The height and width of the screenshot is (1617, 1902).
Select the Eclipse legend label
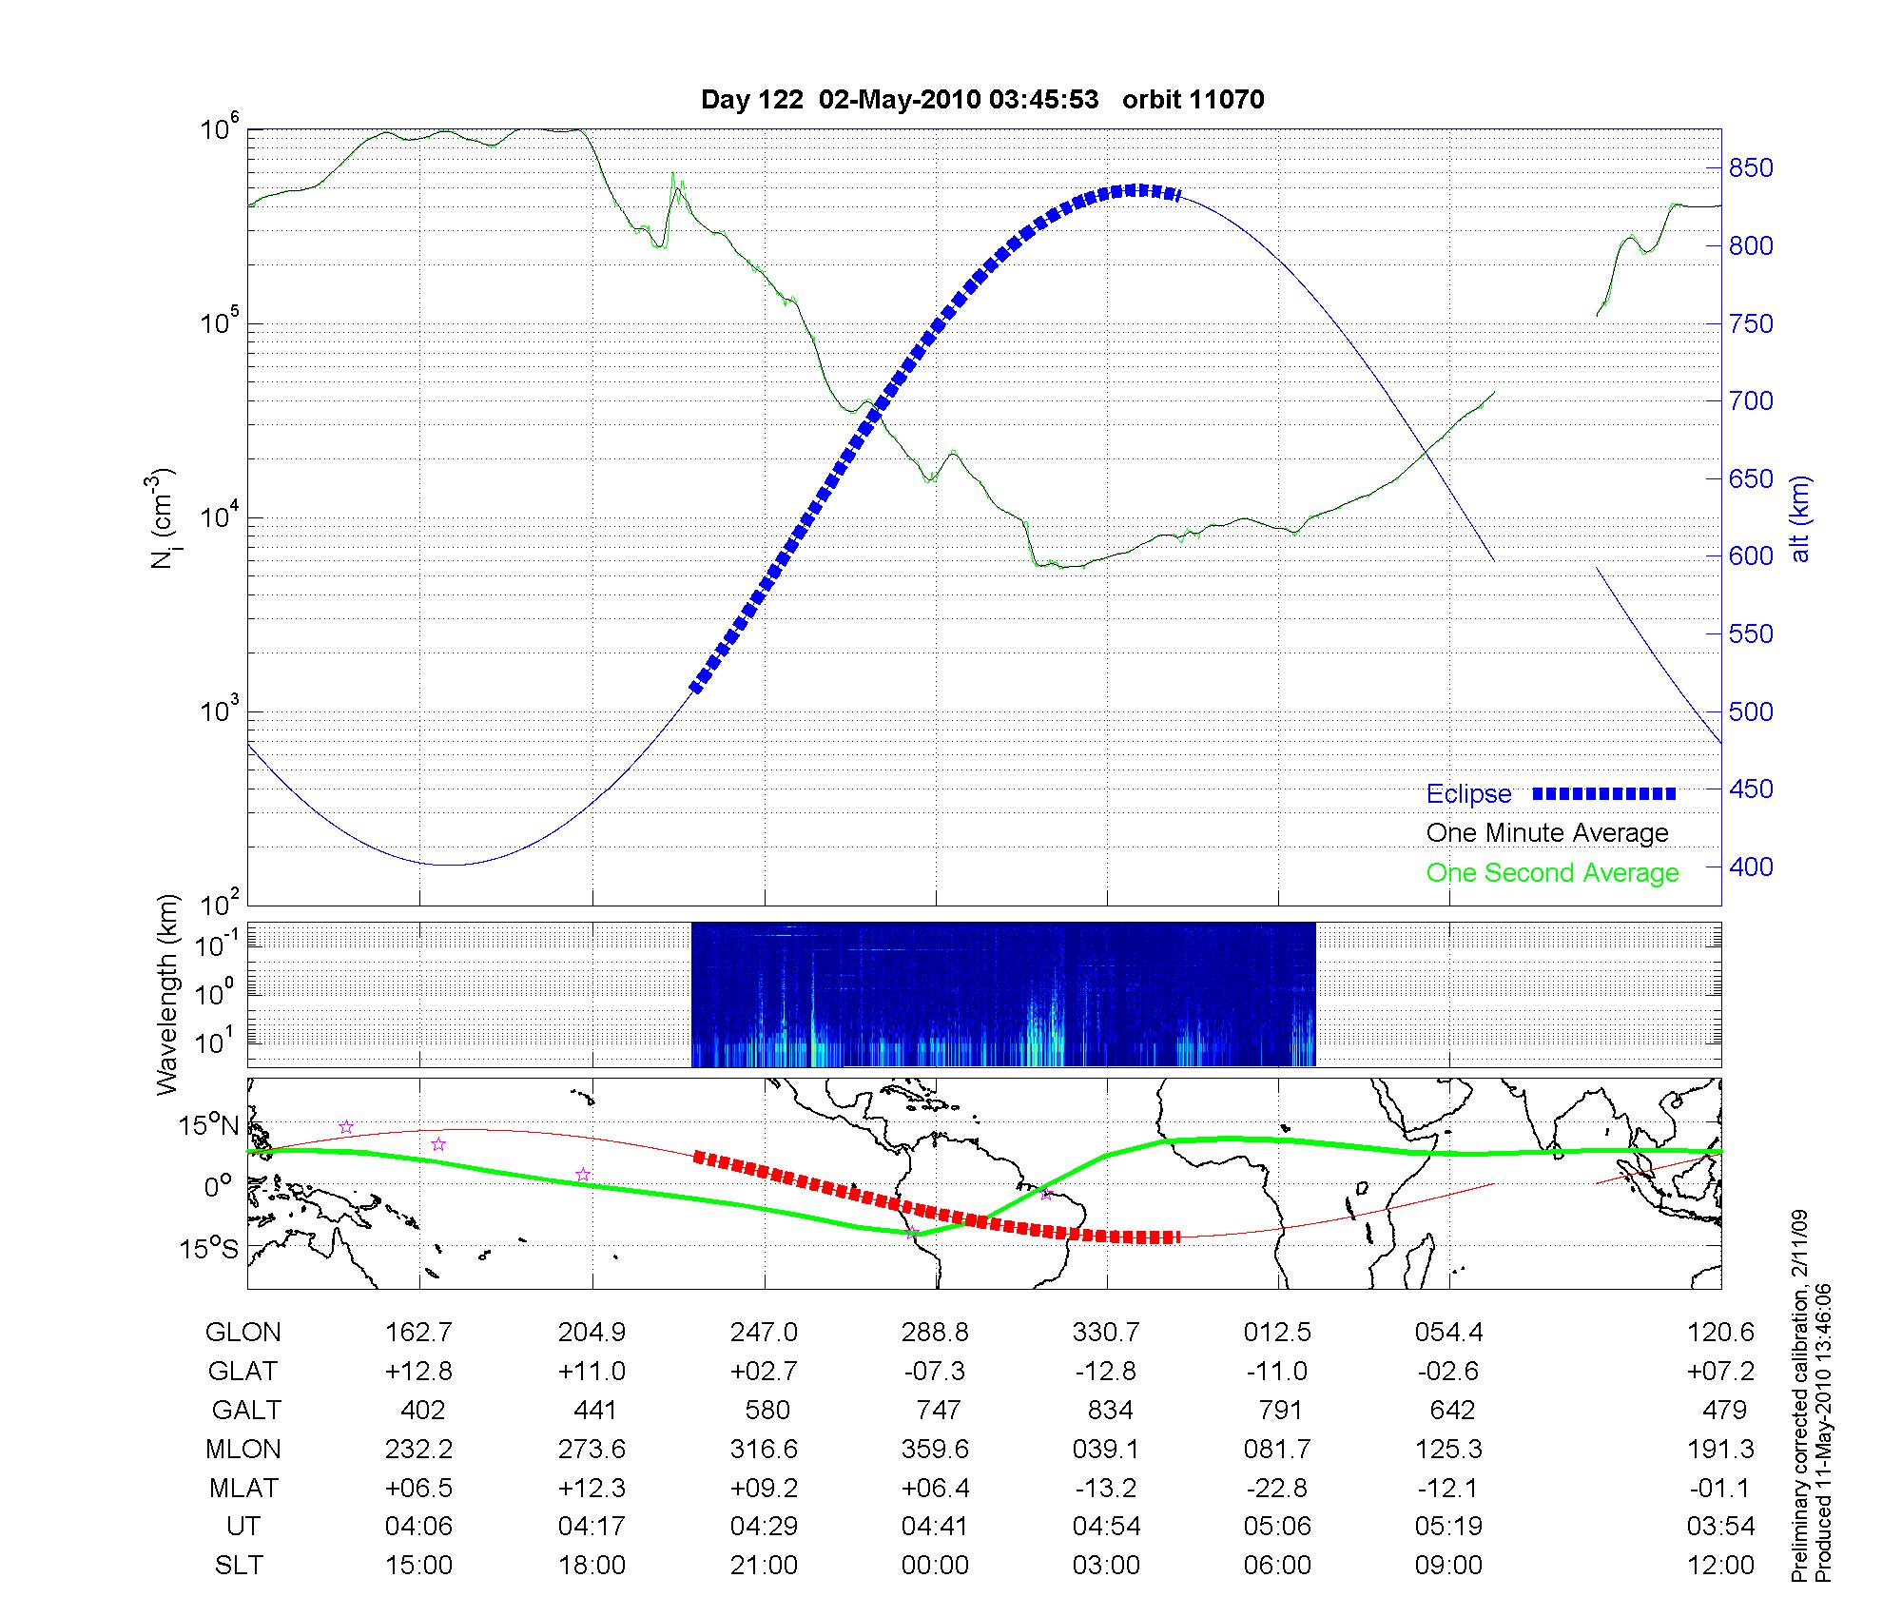click(x=1468, y=794)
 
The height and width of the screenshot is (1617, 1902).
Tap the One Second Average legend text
click(x=1552, y=873)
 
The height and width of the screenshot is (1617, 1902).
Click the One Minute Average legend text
click(x=1547, y=833)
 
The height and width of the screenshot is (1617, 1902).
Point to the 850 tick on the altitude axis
click(x=1751, y=168)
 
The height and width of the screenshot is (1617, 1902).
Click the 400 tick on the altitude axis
click(x=1751, y=867)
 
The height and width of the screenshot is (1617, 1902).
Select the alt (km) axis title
click(x=1799, y=518)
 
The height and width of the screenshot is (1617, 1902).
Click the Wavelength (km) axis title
click(x=167, y=994)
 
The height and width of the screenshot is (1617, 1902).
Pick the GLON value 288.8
click(x=935, y=1333)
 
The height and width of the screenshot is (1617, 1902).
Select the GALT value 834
click(x=1109, y=1410)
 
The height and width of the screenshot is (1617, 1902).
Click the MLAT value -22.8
click(x=1277, y=1488)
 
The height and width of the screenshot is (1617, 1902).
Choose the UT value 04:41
click(x=935, y=1527)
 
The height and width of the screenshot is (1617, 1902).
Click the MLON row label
click(x=243, y=1449)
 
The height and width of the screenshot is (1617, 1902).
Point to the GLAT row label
click(x=243, y=1372)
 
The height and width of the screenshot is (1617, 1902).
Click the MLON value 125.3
click(x=1448, y=1449)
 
